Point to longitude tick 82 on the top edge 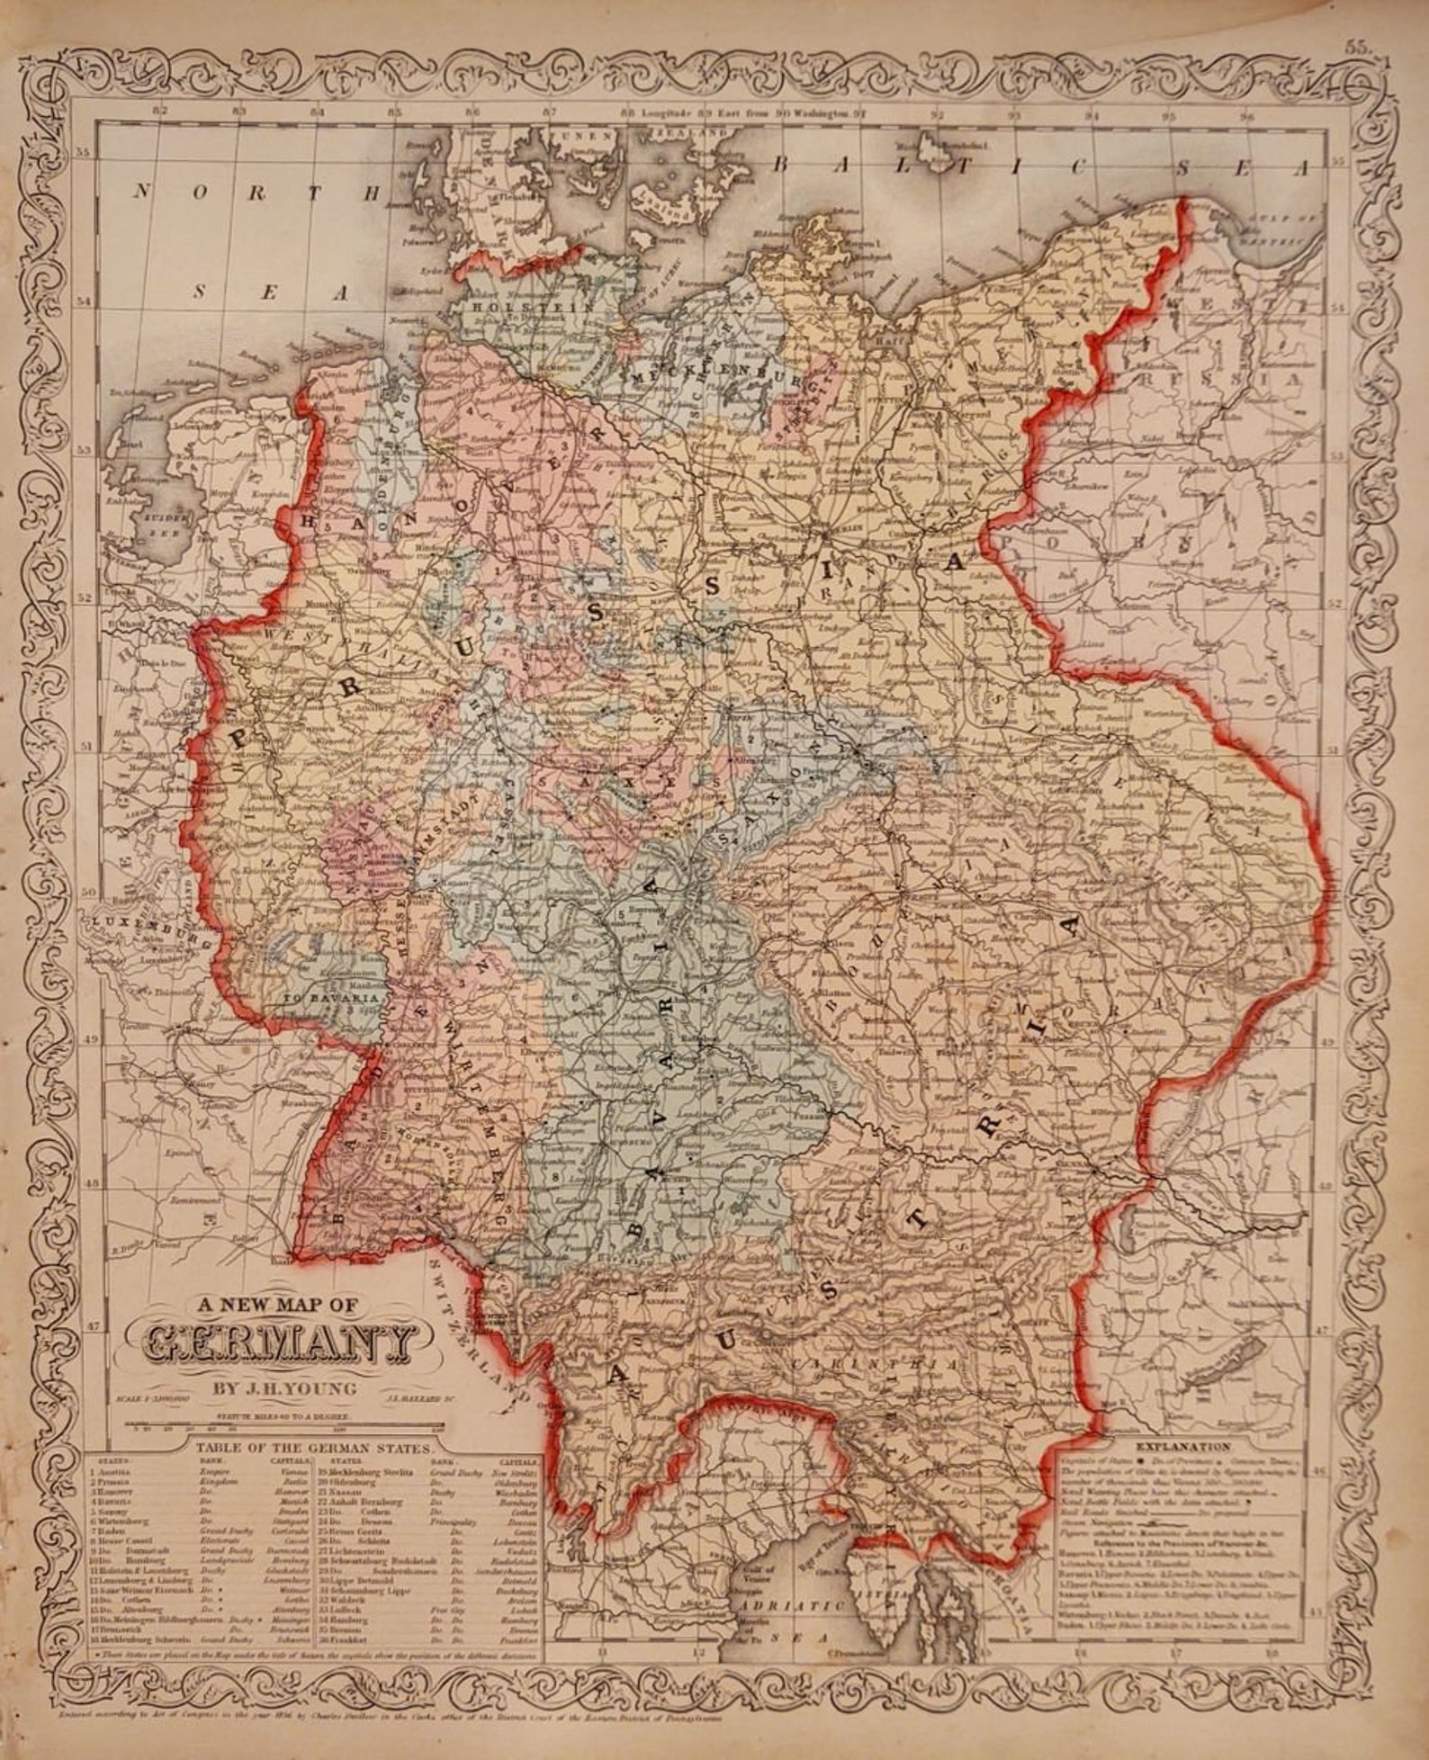161,112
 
